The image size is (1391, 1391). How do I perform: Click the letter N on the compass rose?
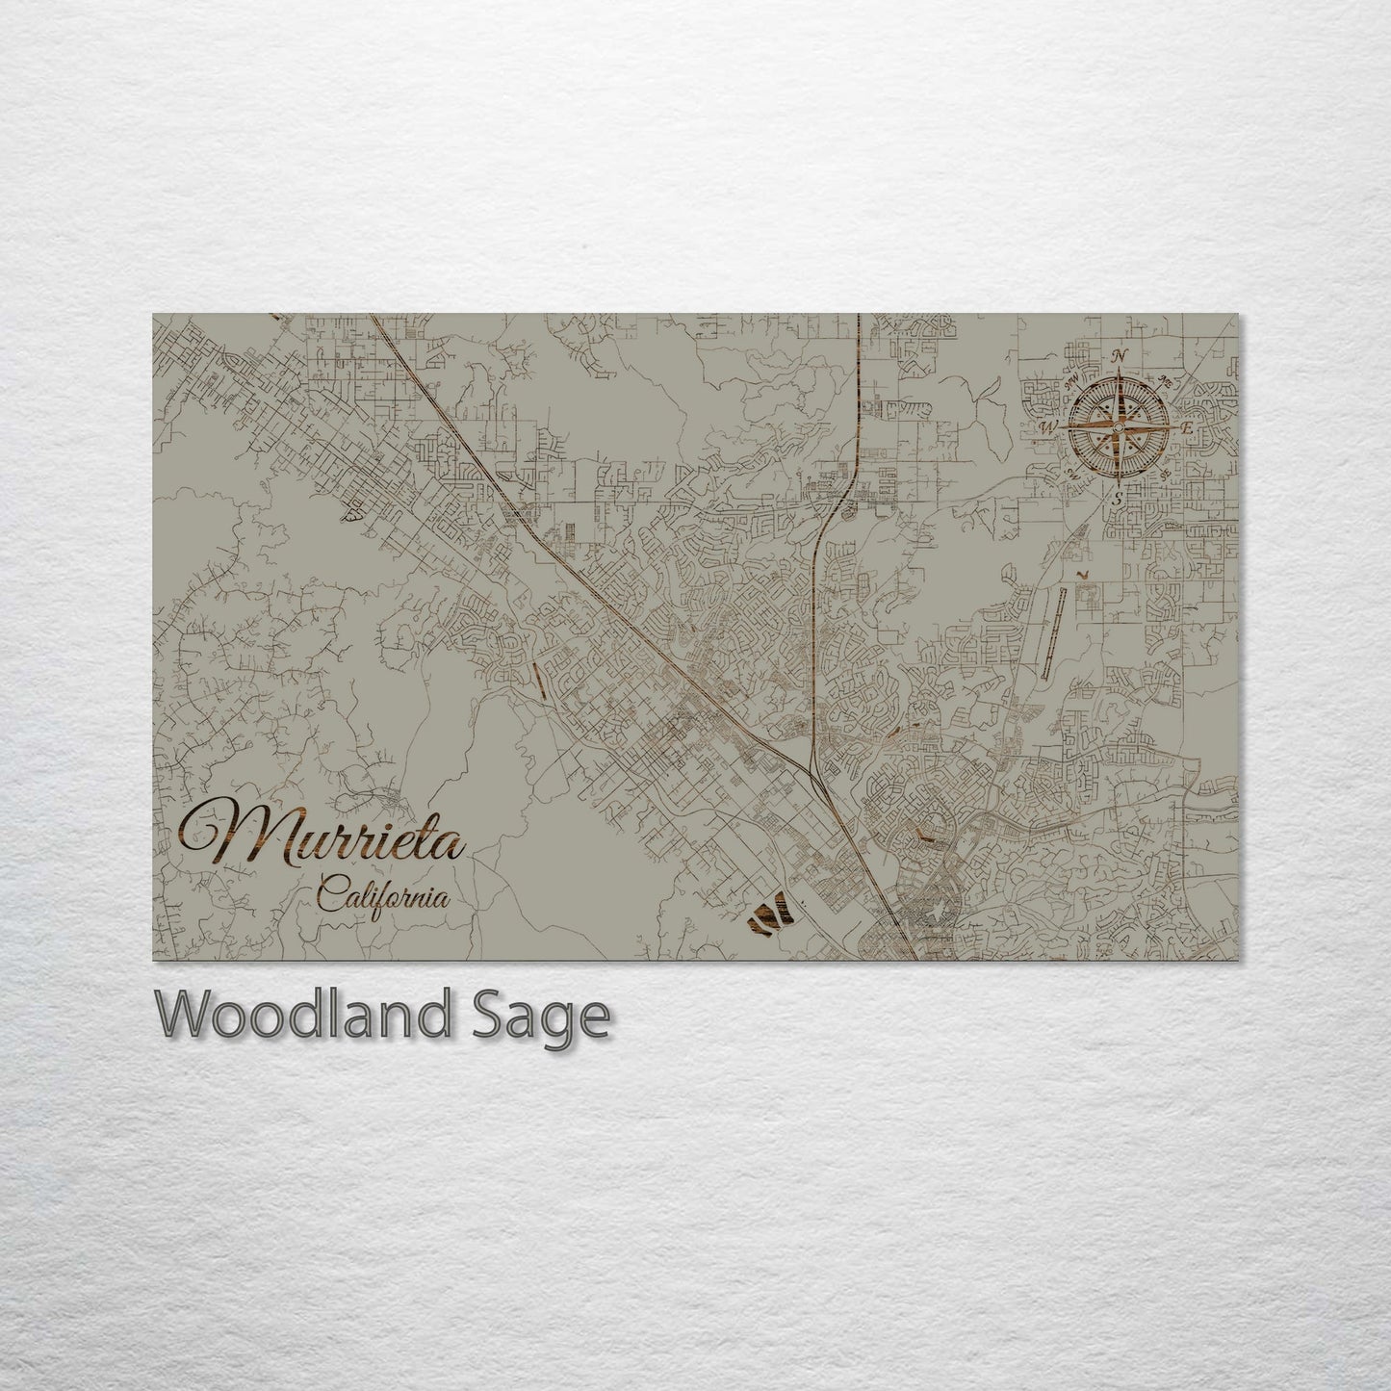[1120, 357]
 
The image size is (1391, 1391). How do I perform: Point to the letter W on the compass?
[1049, 426]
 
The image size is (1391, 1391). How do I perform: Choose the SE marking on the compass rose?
[1166, 474]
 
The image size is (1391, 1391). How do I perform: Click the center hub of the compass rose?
[1119, 426]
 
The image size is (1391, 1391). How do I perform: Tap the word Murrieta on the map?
[323, 835]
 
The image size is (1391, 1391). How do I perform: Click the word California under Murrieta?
[383, 897]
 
